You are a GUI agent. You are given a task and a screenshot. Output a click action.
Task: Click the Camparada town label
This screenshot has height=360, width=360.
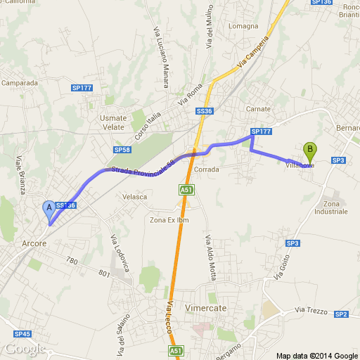pos(19,82)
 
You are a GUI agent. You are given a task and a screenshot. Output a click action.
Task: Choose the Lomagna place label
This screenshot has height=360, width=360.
pos(244,27)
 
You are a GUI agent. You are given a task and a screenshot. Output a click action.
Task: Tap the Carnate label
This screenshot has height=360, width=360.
pos(258,109)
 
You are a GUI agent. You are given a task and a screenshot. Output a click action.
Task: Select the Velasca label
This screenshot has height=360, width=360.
pos(134,197)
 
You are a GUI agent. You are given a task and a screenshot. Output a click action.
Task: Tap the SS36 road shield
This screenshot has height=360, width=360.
pos(205,111)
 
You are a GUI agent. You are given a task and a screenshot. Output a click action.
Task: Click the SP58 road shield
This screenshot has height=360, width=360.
pos(122,150)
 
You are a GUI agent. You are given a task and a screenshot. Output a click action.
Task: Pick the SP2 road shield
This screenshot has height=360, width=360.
pos(342,314)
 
